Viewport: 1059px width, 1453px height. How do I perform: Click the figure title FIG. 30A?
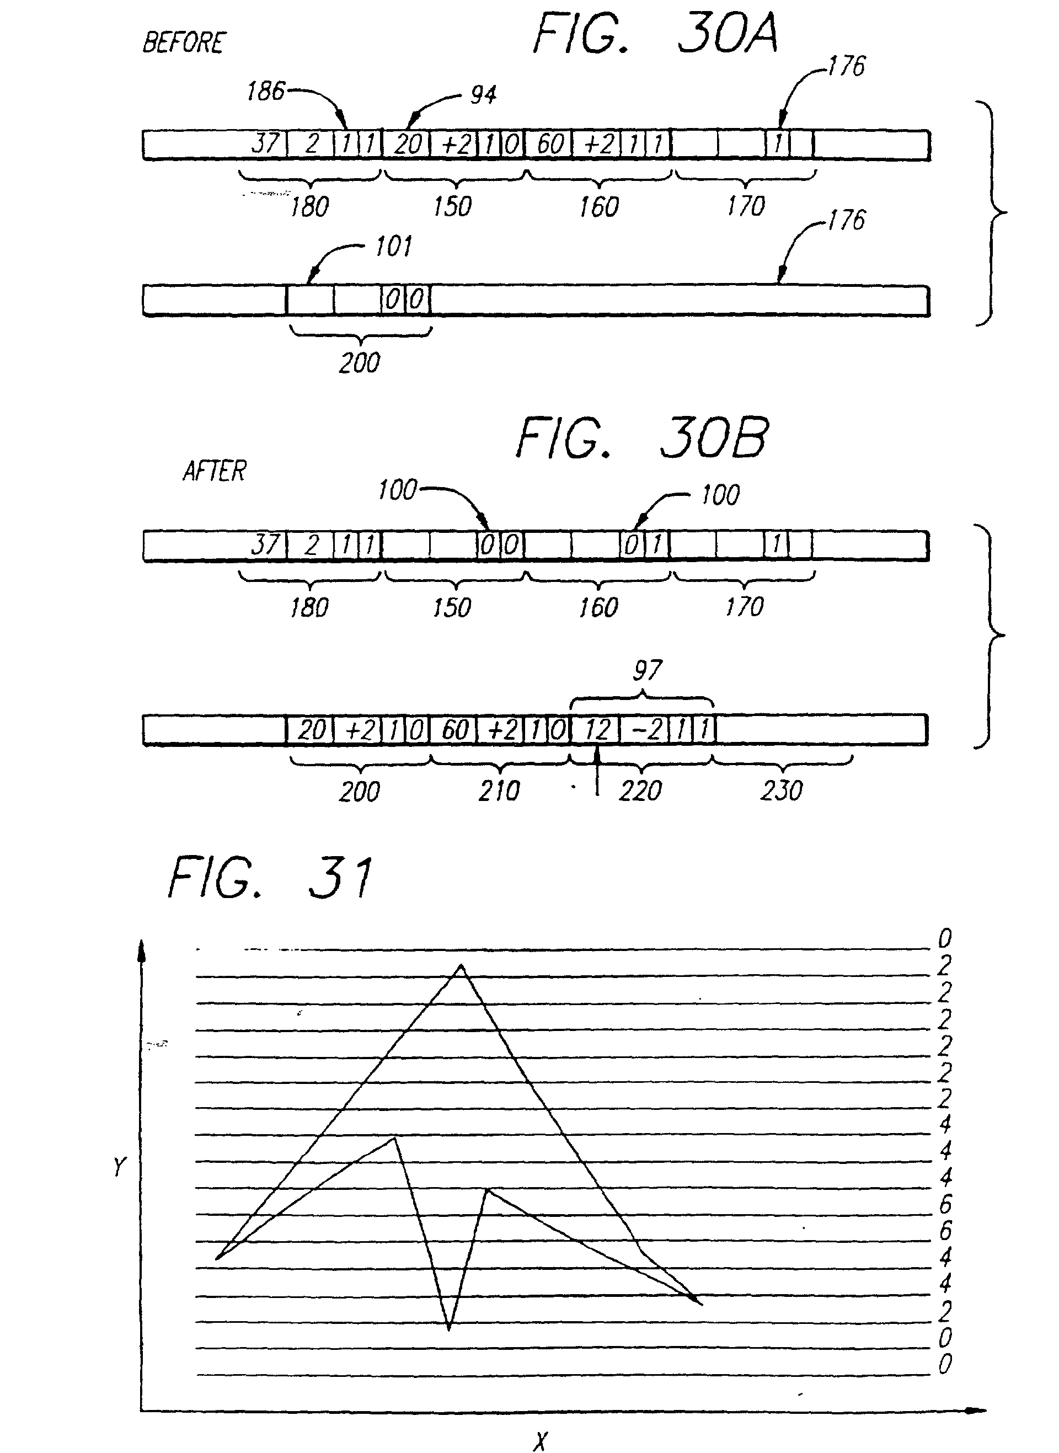tap(655, 33)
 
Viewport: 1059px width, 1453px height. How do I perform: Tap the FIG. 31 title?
tap(270, 878)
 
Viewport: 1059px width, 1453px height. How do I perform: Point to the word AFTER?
tap(214, 471)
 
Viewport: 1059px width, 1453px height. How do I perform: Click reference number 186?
tap(265, 92)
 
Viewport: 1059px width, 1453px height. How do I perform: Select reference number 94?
tap(483, 95)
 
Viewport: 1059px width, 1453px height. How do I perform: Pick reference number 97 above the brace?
tap(647, 670)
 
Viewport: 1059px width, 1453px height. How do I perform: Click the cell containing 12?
tap(596, 730)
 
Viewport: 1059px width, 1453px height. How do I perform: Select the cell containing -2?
tap(644, 730)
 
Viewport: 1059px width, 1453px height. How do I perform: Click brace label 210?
tap(499, 791)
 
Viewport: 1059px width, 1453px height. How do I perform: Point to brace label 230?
tap(782, 791)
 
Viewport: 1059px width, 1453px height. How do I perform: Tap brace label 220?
tap(640, 791)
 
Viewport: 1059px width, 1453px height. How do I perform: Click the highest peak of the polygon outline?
tap(461, 965)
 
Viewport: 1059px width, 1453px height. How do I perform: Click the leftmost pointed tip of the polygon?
tap(218, 1259)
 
